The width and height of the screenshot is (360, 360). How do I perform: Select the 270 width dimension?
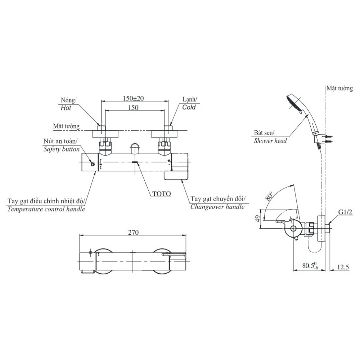pyautogui.click(x=134, y=233)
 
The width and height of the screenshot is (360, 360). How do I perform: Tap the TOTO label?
pyautogui.click(x=162, y=193)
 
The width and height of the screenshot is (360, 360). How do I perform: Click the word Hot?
pyautogui.click(x=66, y=108)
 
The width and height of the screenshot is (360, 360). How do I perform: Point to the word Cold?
pyautogui.click(x=189, y=107)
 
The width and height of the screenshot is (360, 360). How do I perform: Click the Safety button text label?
pyautogui.click(x=62, y=149)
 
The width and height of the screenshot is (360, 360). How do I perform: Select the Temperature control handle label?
pyautogui.click(x=46, y=209)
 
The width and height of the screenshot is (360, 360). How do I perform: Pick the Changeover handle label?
pyautogui.click(x=217, y=207)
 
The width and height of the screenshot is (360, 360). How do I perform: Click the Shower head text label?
pyautogui.click(x=270, y=141)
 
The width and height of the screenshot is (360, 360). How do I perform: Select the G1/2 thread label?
pyautogui.click(x=345, y=212)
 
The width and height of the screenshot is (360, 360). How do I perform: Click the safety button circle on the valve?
pyautogui.click(x=93, y=164)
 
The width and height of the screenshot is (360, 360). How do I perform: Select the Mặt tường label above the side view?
pyautogui.click(x=339, y=89)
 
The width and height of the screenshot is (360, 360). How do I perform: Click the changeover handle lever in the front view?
pyautogui.click(x=176, y=176)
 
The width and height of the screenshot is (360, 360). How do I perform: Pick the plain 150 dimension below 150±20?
pyautogui.click(x=134, y=108)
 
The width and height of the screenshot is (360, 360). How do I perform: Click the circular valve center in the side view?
pyautogui.click(x=294, y=229)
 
